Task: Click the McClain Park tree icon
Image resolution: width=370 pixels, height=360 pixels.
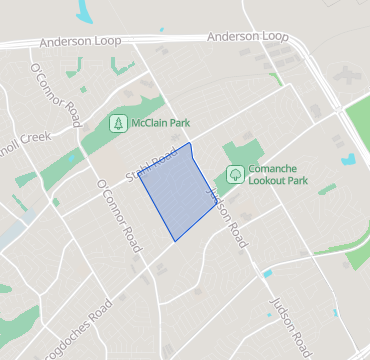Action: (x=118, y=124)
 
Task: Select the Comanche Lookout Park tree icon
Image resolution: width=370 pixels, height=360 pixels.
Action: (x=234, y=174)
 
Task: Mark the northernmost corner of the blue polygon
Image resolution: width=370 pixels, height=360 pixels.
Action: (x=189, y=143)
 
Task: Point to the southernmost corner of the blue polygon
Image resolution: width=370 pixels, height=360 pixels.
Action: (x=175, y=241)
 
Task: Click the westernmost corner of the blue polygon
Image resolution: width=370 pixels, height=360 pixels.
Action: (x=139, y=181)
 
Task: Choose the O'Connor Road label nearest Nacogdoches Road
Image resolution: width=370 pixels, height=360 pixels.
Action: (x=117, y=213)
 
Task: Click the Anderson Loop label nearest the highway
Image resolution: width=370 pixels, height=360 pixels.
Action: (x=246, y=37)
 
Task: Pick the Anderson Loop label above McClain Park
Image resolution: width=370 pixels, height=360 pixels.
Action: (x=79, y=43)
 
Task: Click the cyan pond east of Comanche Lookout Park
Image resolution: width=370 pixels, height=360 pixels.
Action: (x=348, y=158)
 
